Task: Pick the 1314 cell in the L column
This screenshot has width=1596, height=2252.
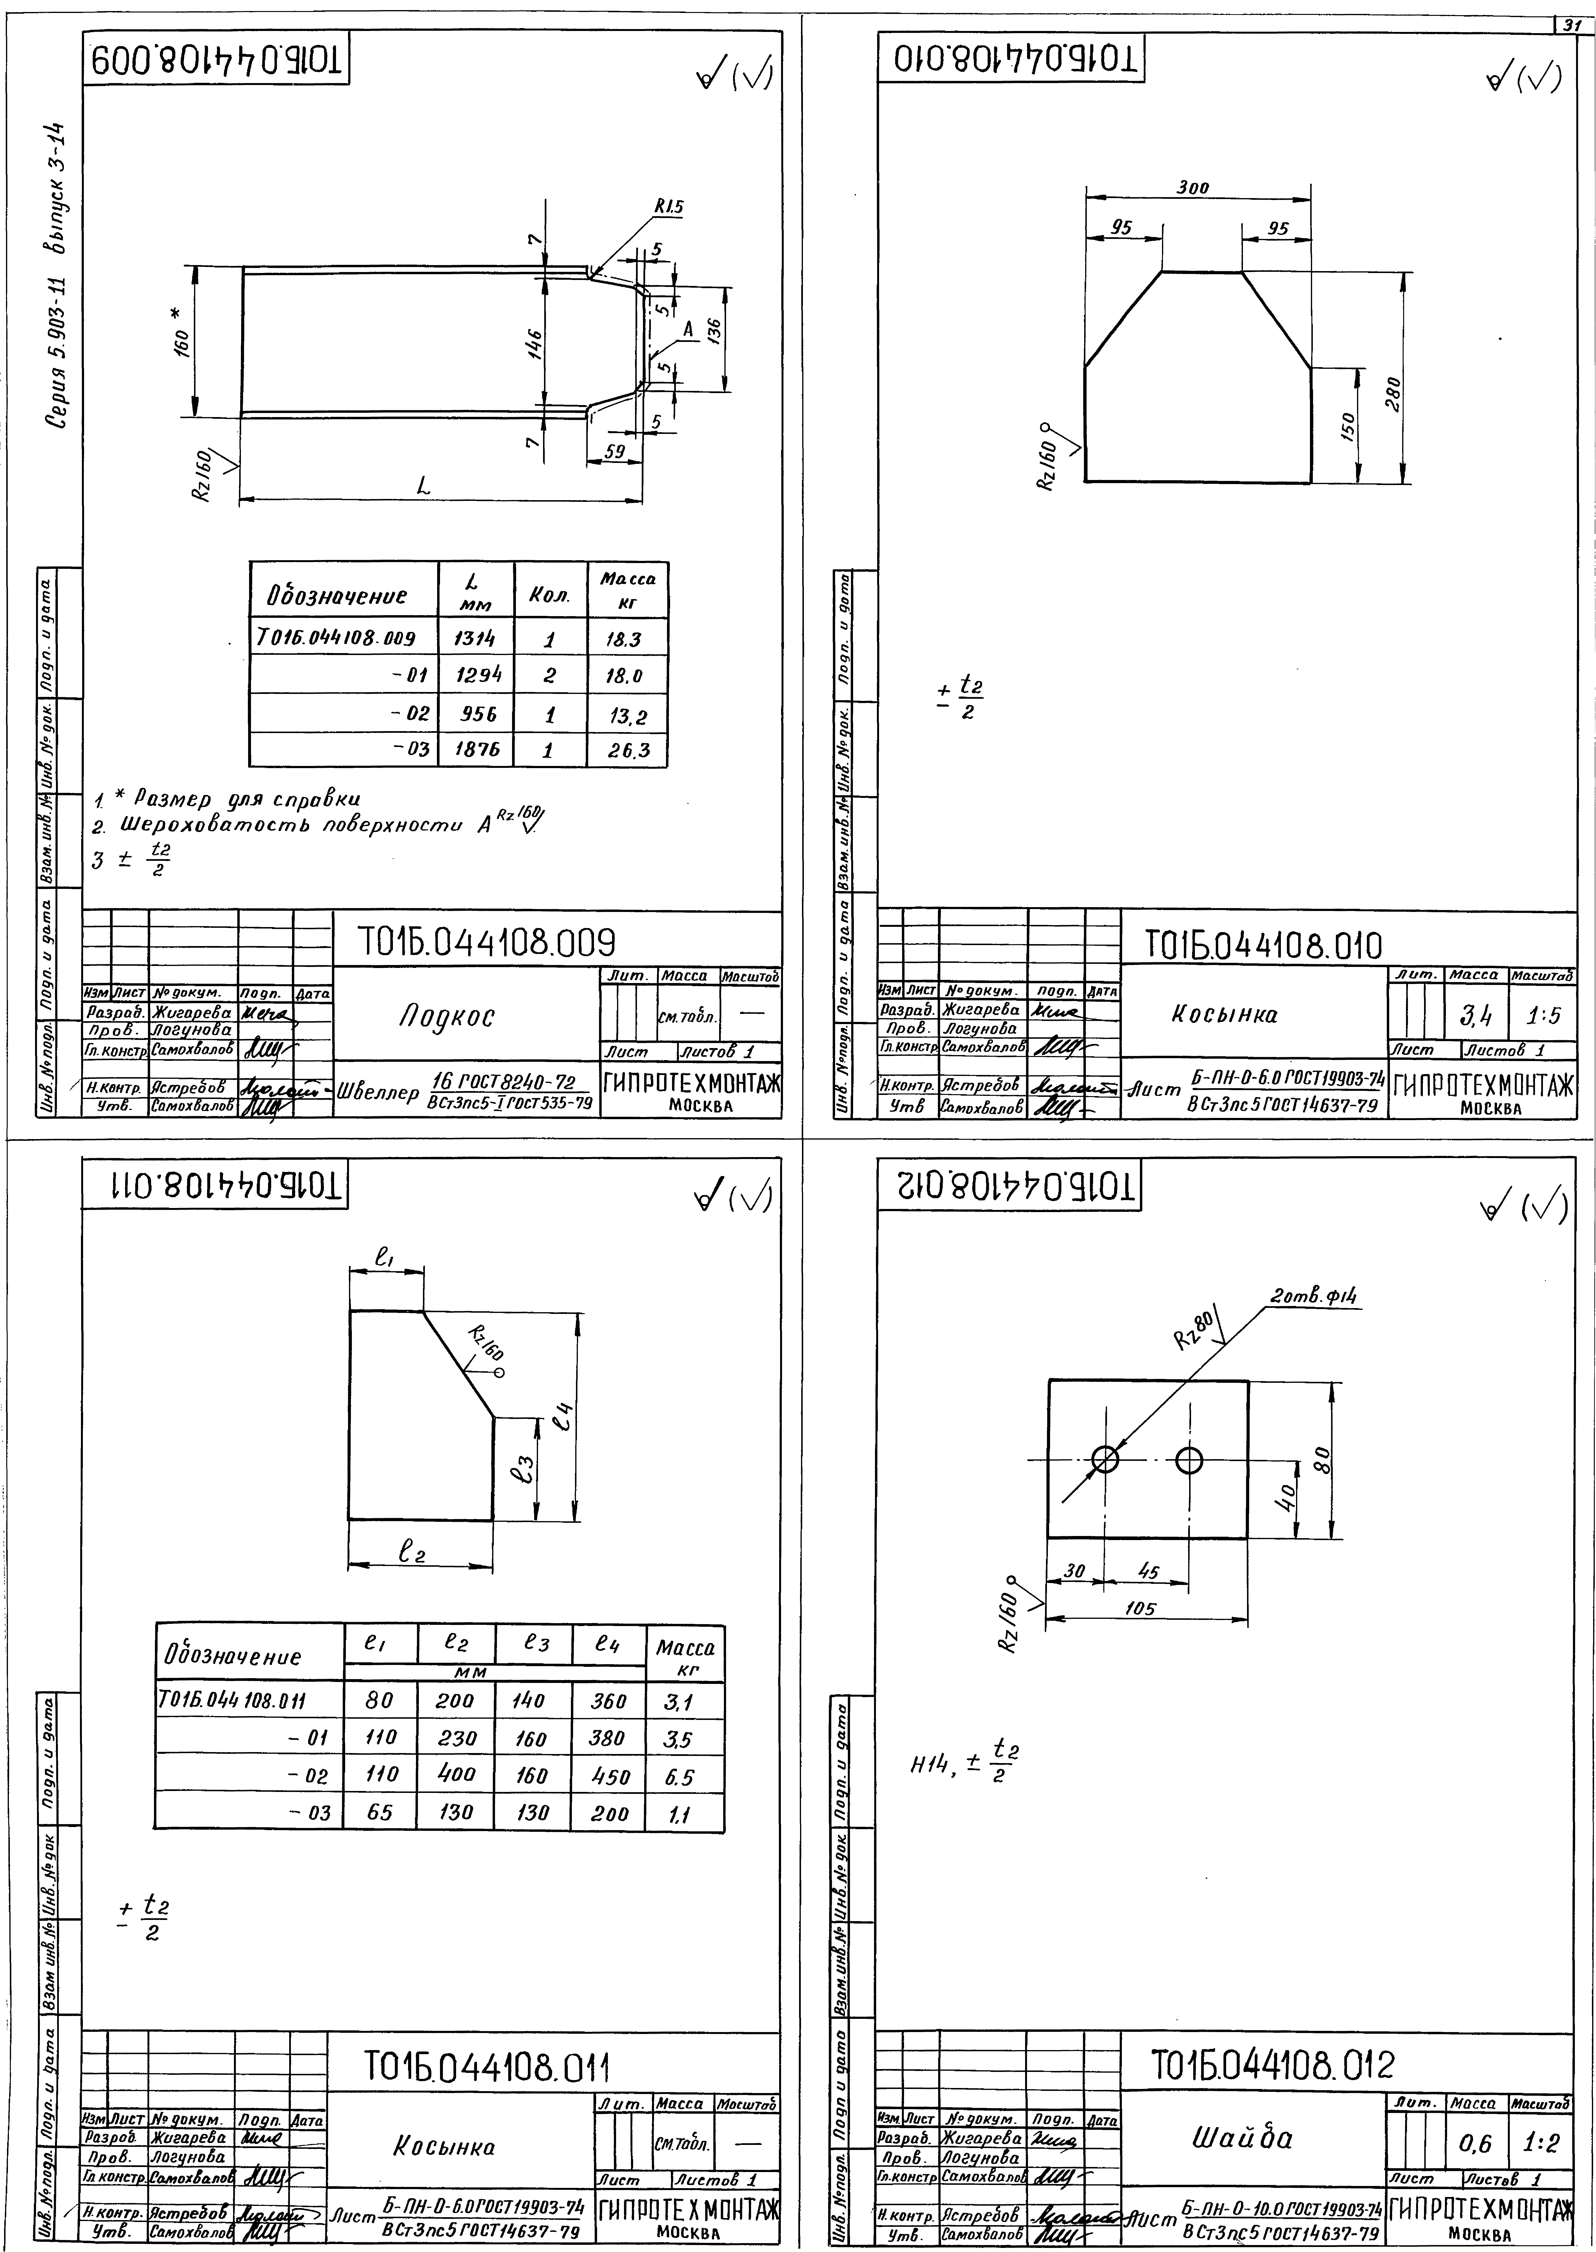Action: (476, 639)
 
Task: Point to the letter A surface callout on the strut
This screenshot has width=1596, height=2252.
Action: (688, 330)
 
